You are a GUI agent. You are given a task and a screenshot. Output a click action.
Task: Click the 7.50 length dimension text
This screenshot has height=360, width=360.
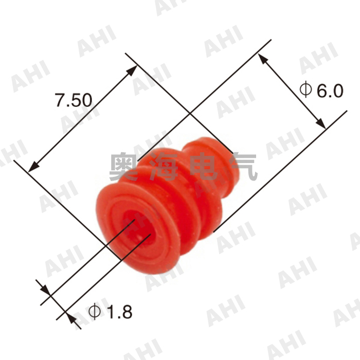coord(74,100)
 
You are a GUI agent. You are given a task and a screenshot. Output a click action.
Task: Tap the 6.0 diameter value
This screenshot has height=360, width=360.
coord(328,91)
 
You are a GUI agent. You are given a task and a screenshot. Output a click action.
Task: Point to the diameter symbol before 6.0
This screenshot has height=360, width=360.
coord(305,91)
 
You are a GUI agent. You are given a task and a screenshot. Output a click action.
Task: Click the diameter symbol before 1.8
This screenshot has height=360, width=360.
coord(95,311)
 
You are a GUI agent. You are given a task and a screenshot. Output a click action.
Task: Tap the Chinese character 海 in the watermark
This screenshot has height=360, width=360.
coord(168,167)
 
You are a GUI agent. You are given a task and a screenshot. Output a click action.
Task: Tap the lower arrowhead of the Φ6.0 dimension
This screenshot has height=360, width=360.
coord(321,123)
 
